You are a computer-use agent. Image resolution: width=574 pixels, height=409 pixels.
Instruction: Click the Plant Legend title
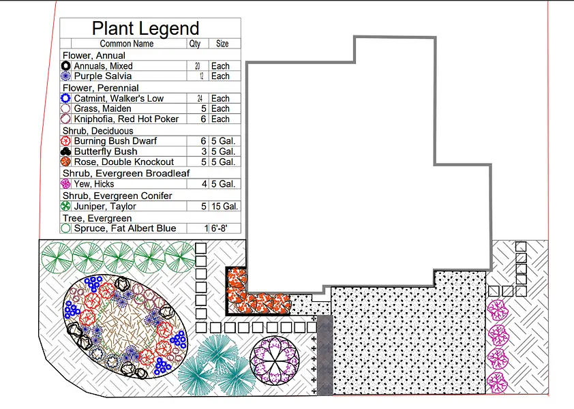[145, 28]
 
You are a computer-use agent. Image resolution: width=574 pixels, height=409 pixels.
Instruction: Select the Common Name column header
[127, 44]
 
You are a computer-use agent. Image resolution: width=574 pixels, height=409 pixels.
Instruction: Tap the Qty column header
[195, 44]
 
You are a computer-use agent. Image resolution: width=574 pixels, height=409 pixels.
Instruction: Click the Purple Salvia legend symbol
[65, 76]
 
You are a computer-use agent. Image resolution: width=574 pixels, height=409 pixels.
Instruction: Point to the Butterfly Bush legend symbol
[65, 151]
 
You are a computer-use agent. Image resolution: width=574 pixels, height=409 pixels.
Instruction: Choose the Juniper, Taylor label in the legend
[105, 207]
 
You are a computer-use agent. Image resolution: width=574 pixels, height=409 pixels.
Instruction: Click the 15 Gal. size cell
[224, 207]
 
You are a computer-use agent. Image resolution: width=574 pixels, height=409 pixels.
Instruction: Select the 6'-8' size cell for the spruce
[219, 228]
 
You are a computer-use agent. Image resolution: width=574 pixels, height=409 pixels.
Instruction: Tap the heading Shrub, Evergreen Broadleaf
[126, 173]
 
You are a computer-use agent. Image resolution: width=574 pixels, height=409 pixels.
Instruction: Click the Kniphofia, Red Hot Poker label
[126, 119]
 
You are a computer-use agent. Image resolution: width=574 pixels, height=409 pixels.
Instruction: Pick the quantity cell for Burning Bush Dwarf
[203, 141]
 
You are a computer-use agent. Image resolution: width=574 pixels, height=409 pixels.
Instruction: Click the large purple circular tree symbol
[275, 361]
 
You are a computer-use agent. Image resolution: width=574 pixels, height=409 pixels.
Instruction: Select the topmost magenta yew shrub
[498, 310]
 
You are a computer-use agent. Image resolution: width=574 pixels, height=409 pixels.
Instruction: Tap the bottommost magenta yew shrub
[497, 382]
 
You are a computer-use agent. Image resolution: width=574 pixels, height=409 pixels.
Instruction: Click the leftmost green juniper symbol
[57, 258]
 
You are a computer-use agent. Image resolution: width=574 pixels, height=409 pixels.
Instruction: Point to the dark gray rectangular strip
[324, 355]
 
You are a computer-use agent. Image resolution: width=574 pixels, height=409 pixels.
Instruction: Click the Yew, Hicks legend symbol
[65, 183]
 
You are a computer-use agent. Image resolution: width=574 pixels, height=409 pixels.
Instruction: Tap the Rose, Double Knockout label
[124, 162]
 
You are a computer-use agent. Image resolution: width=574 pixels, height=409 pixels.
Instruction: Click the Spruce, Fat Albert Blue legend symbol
[65, 228]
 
